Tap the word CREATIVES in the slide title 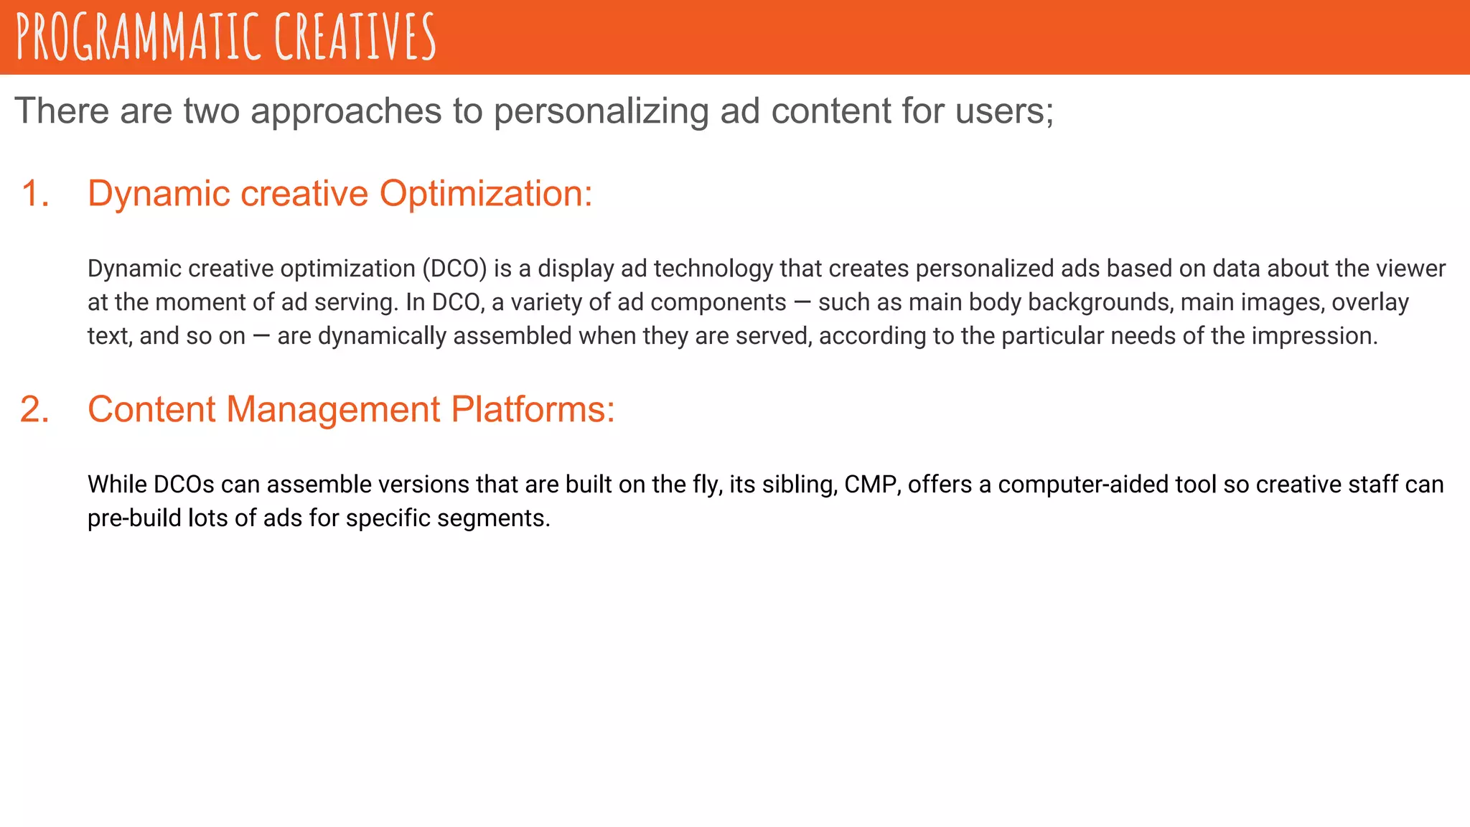click(355, 37)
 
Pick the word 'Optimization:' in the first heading click(486, 194)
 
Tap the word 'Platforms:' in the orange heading click(533, 410)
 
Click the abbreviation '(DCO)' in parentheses click(454, 269)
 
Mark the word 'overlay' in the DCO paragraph click(1370, 303)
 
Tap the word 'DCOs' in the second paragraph click(184, 485)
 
